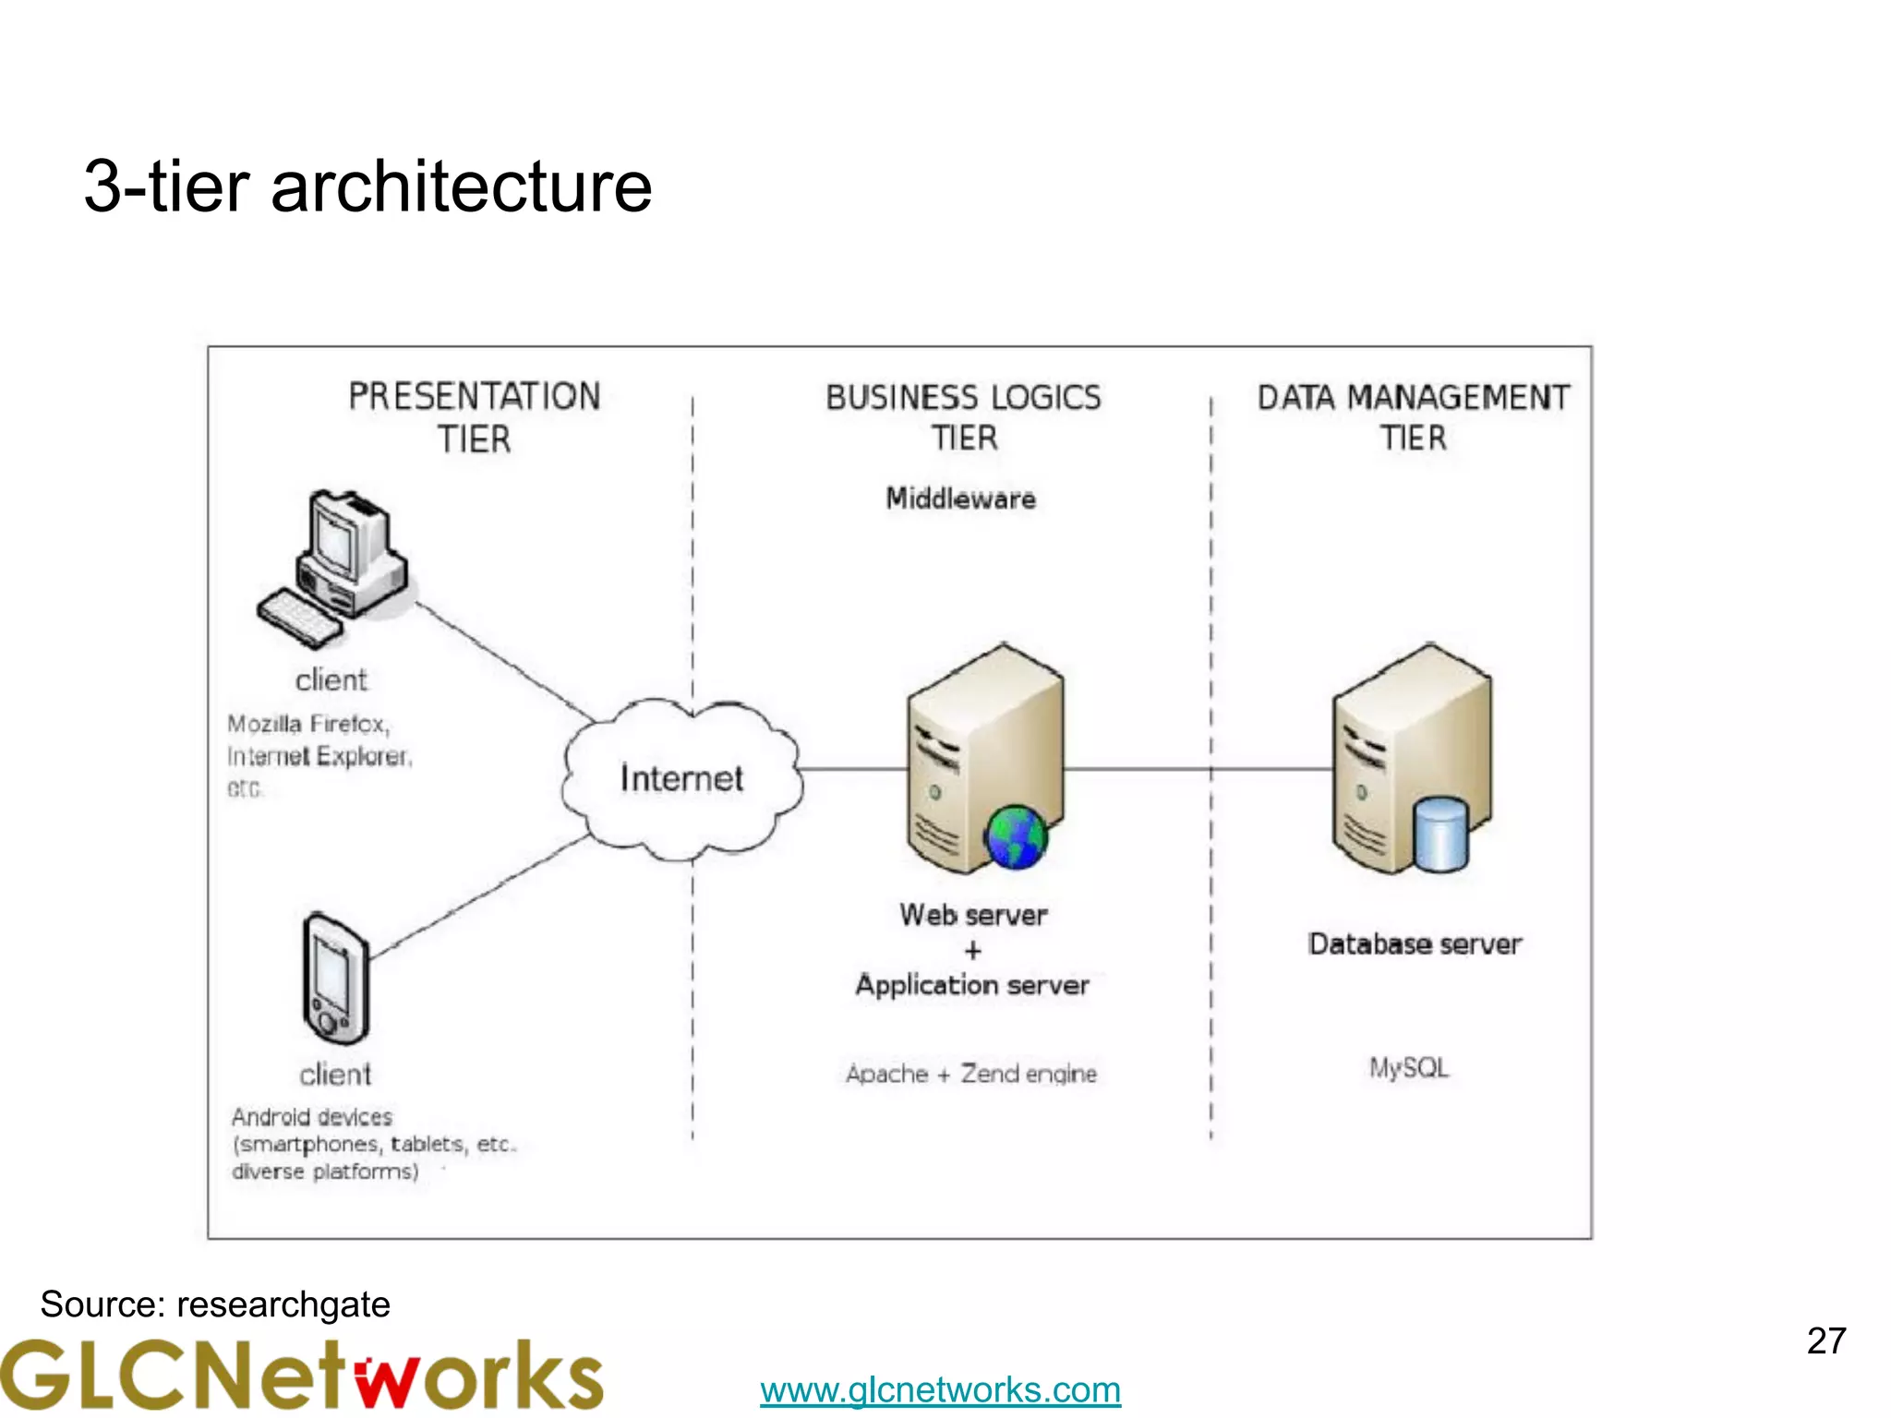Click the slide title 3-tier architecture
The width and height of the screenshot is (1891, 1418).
[x=367, y=186]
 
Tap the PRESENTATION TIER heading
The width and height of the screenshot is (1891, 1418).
[x=474, y=416]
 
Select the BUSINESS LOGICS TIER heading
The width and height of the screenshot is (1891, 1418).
[x=963, y=416]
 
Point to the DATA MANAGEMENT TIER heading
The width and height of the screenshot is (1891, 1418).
[x=1413, y=416]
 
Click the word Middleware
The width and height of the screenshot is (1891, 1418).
[x=960, y=499]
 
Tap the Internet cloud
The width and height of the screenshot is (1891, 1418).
[x=681, y=778]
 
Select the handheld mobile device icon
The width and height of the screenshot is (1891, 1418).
[x=335, y=979]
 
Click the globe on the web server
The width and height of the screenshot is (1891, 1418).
[x=1016, y=836]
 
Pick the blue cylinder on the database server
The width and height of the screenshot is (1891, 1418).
[x=1440, y=835]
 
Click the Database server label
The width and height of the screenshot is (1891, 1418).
[x=1414, y=943]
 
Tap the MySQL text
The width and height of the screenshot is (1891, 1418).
[x=1408, y=1068]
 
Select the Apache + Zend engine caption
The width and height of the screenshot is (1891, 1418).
[x=971, y=1074]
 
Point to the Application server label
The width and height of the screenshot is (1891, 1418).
[x=971, y=985]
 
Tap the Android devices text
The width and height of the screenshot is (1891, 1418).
[x=312, y=1117]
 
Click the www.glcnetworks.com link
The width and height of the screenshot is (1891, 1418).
[x=940, y=1389]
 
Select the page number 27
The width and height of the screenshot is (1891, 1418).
[x=1825, y=1340]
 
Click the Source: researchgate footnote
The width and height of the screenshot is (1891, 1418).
[x=215, y=1304]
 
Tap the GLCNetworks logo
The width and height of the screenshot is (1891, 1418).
[x=301, y=1376]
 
